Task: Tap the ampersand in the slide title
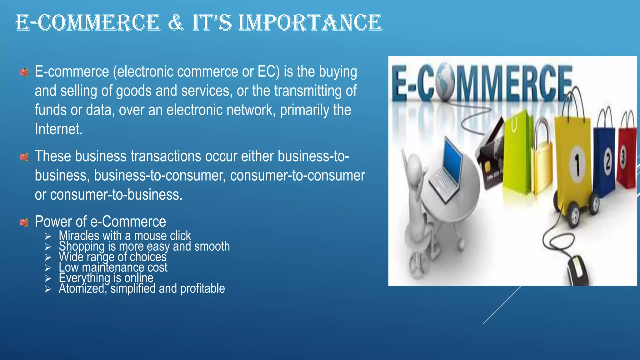(176, 23)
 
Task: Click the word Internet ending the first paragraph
(58, 129)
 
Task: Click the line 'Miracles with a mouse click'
(125, 236)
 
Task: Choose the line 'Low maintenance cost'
(113, 267)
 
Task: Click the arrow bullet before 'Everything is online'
(48, 278)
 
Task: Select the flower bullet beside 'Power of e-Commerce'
(24, 222)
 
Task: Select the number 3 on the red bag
(623, 158)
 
